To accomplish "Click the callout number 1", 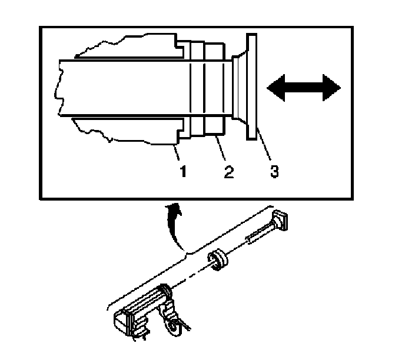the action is (183, 171).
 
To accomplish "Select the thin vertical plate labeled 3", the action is (251, 87).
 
